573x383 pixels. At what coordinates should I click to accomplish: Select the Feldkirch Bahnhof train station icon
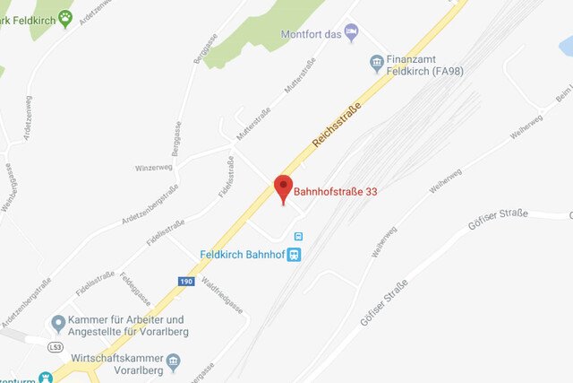(x=294, y=254)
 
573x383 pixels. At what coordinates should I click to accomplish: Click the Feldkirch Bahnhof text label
(x=242, y=254)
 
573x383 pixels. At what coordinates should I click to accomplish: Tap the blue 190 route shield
(x=185, y=281)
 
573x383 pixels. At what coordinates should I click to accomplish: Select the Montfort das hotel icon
(x=352, y=31)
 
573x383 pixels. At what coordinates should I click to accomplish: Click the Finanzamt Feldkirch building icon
(x=377, y=62)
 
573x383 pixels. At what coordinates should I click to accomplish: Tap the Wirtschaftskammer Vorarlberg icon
(x=174, y=361)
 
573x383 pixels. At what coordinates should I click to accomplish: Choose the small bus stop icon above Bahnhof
(x=298, y=237)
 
